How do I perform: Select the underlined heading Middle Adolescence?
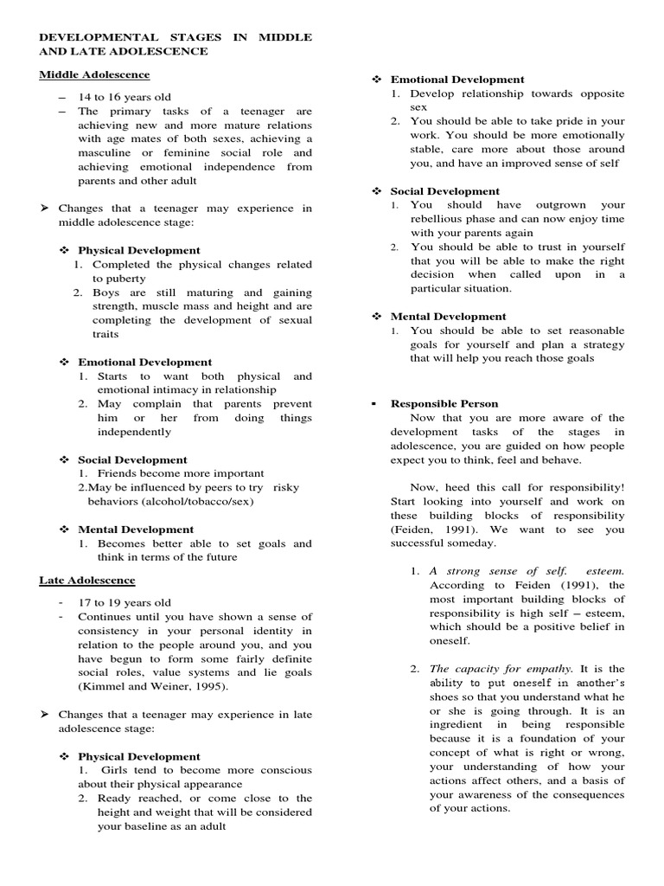click(94, 74)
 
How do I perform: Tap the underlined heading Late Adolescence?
click(86, 580)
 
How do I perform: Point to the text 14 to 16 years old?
click(124, 97)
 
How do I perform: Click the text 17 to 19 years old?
click(124, 602)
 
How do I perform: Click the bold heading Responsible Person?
click(444, 403)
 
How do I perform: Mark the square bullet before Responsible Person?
click(373, 403)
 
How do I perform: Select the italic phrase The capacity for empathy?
click(501, 669)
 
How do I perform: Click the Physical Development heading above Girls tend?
click(138, 756)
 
